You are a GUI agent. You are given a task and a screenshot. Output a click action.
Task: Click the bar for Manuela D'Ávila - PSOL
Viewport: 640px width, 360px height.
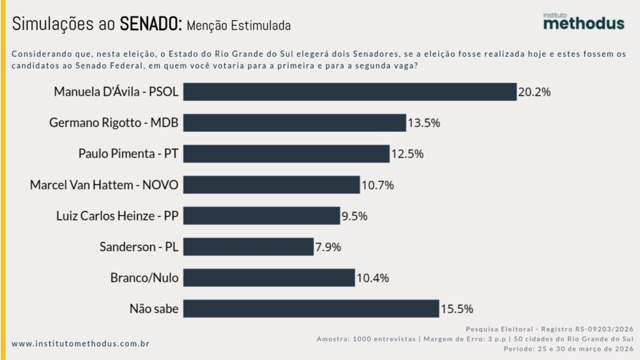349,92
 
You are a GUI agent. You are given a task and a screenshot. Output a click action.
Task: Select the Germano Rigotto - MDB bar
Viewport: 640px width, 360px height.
294,122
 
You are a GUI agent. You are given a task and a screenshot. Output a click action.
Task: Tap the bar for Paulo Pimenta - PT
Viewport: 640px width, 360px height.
286,154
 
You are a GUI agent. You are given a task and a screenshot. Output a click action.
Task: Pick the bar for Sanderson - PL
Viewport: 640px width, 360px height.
248,247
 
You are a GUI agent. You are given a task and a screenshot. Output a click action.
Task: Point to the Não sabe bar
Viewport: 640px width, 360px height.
311,309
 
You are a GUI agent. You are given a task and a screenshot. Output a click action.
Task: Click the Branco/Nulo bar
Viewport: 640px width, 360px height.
269,277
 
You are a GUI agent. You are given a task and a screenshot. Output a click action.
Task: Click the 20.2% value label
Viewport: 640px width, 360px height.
534,92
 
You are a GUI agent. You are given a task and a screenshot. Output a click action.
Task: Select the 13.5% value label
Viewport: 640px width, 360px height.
424,122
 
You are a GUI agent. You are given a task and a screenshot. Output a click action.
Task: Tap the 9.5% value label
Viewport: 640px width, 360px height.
354,216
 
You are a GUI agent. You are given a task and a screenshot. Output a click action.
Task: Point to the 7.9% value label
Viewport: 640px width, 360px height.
327,247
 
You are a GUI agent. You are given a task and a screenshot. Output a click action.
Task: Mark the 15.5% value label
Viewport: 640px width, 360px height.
457,309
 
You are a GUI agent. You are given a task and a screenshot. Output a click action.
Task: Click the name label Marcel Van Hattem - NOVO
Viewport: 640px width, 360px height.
104,185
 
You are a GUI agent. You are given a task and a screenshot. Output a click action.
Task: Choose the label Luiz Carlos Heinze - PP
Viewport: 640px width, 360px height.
117,216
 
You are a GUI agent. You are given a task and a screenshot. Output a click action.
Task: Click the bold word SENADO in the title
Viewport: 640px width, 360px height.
150,24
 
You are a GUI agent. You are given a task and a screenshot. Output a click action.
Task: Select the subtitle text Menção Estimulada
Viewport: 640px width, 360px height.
239,26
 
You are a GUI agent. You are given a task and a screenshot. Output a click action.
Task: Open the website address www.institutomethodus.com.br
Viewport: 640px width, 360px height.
81,344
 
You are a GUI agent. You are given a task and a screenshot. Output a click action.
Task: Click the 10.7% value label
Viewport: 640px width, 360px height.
378,185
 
